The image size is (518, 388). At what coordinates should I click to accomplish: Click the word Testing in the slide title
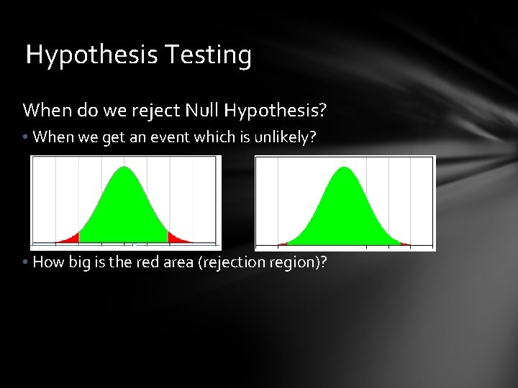tap(209, 55)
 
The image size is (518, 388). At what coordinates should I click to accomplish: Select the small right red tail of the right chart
tap(405, 244)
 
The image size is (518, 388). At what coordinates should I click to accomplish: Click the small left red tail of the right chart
tap(283, 244)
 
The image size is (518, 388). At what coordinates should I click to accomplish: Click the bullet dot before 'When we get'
tap(26, 137)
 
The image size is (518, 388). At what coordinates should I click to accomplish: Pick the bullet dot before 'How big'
tap(26, 263)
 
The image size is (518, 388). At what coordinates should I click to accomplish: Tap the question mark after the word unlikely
tap(312, 137)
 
